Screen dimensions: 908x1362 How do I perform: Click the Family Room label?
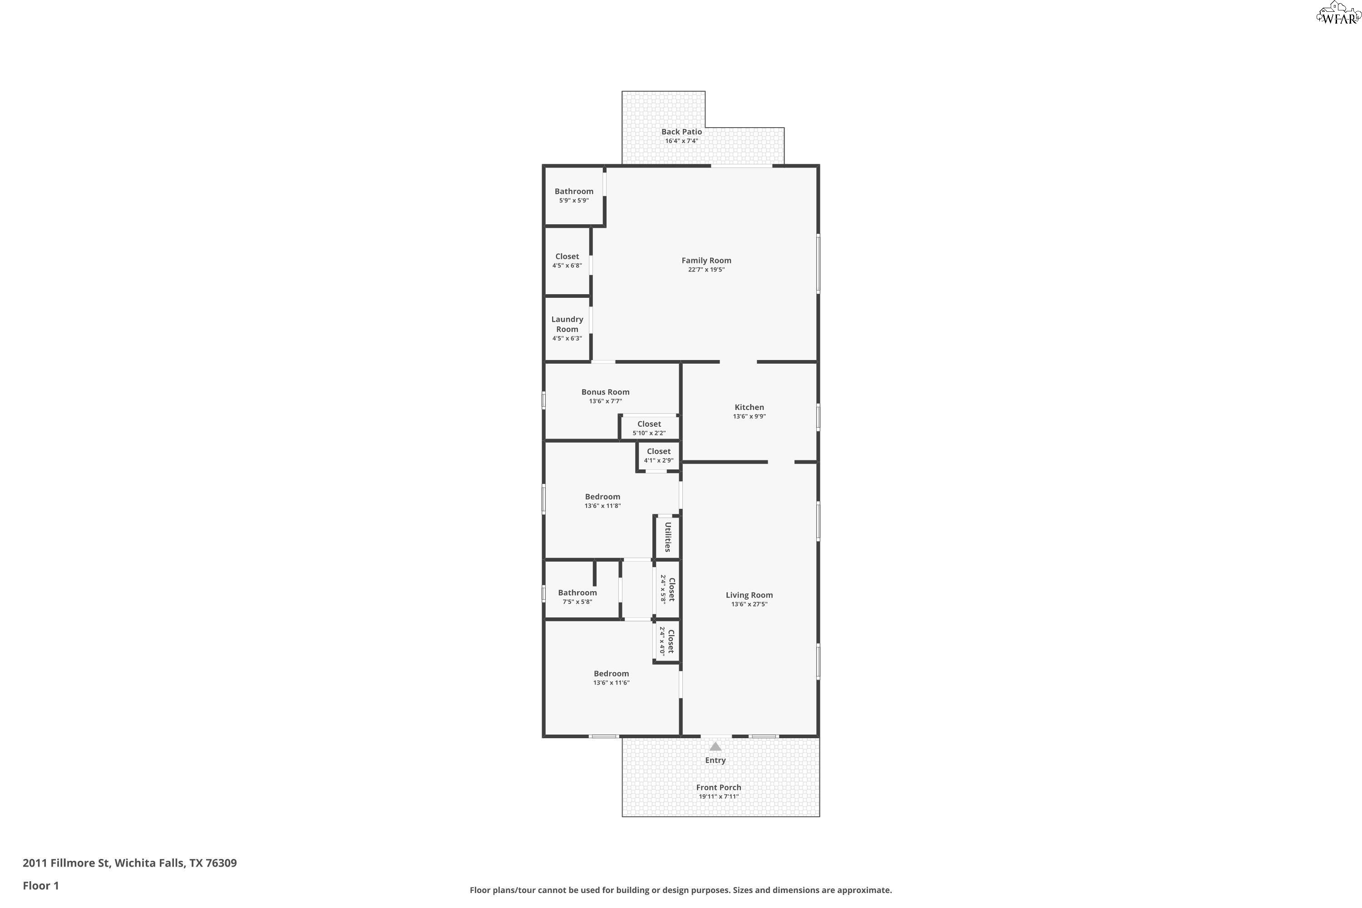pyautogui.click(x=706, y=261)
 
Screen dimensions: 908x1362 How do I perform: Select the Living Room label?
pyautogui.click(x=749, y=595)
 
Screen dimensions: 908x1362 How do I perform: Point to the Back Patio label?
pyautogui.click(x=681, y=132)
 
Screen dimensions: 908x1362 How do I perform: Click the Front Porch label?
pyautogui.click(x=718, y=787)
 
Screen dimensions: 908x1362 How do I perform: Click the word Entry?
pyautogui.click(x=715, y=760)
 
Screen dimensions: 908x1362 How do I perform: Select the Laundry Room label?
pyautogui.click(x=567, y=324)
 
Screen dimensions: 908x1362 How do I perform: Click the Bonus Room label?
pyautogui.click(x=605, y=392)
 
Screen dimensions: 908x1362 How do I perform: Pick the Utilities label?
pyautogui.click(x=668, y=537)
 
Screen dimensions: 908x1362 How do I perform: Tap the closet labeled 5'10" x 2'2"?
pyautogui.click(x=649, y=428)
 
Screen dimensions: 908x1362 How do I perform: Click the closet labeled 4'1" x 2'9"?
pyautogui.click(x=658, y=455)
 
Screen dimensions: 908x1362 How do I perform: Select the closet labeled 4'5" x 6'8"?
pyautogui.click(x=567, y=261)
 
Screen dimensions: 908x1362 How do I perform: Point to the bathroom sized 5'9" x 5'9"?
pyautogui.click(x=574, y=195)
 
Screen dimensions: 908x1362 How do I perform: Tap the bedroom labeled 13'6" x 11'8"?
pyautogui.click(x=602, y=501)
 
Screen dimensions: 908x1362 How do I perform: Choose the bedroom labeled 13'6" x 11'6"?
pyautogui.click(x=611, y=677)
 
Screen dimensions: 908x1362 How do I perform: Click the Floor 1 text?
pyautogui.click(x=40, y=885)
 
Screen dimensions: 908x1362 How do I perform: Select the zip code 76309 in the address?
pyautogui.click(x=221, y=863)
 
